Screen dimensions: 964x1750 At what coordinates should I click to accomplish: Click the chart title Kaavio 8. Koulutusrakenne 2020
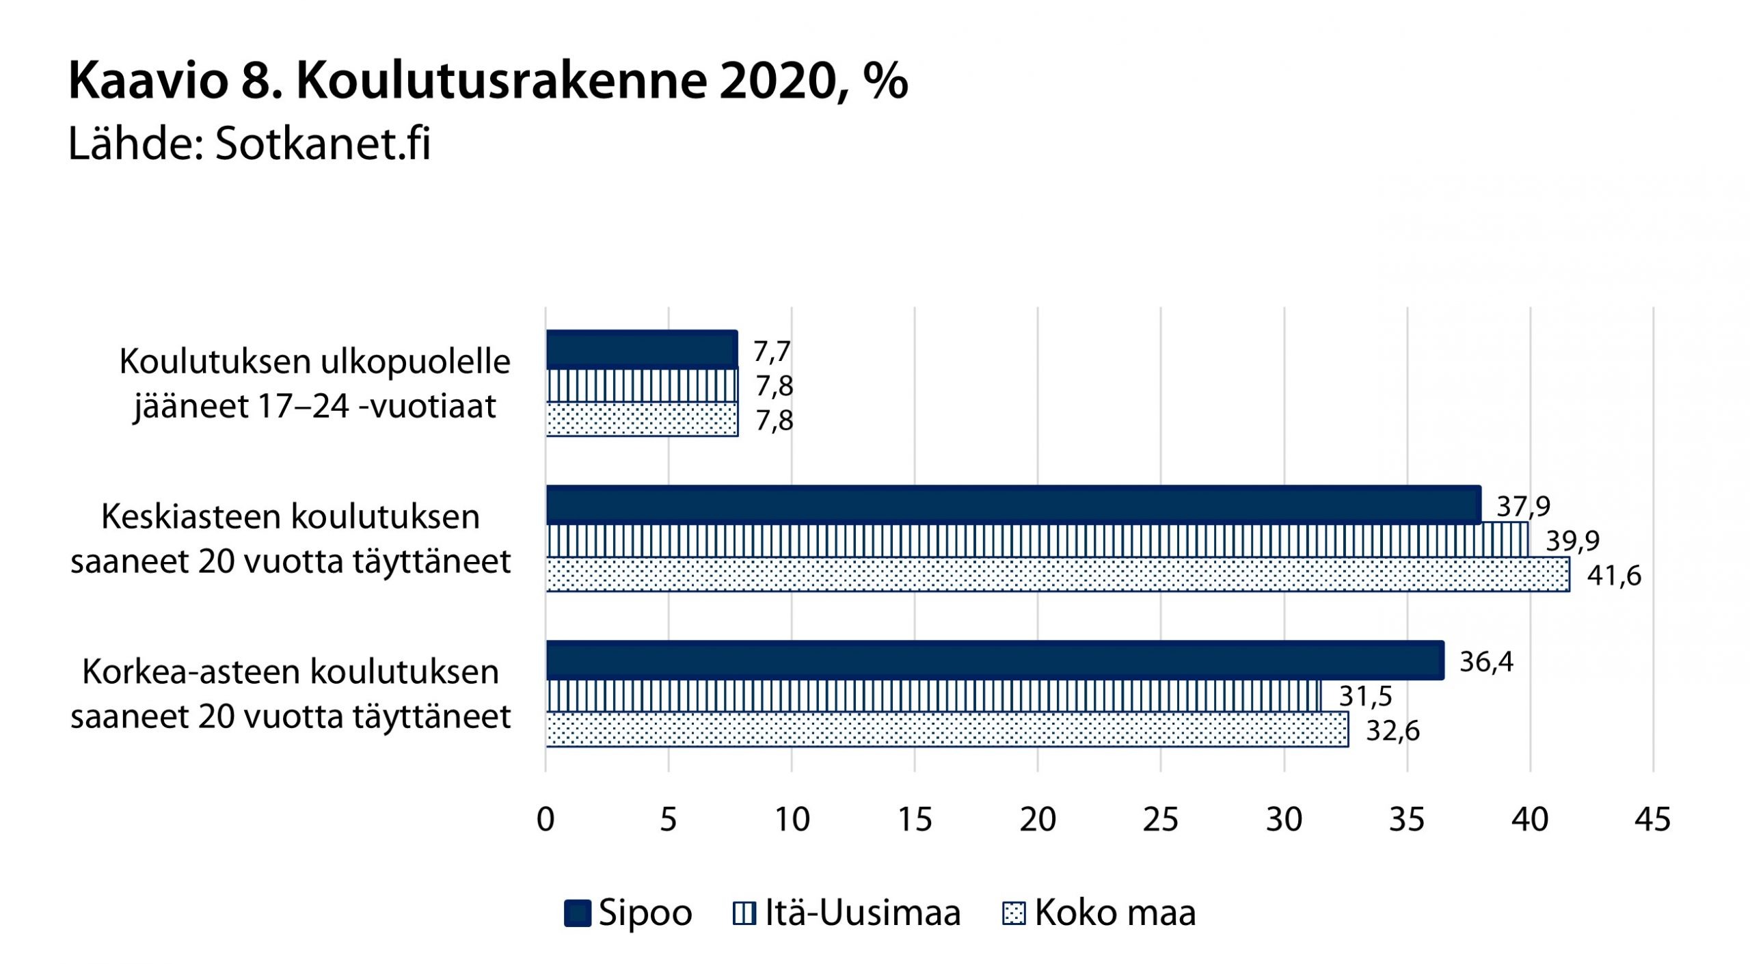pyautogui.click(x=488, y=81)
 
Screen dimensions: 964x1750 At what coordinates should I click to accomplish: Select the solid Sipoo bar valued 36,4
pyautogui.click(x=995, y=660)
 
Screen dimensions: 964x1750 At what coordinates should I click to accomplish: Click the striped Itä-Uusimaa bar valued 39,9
pyautogui.click(x=1037, y=540)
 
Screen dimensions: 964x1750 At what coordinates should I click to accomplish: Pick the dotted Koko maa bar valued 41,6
pyautogui.click(x=1058, y=574)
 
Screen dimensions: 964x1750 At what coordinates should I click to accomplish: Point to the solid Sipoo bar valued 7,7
pyautogui.click(x=641, y=350)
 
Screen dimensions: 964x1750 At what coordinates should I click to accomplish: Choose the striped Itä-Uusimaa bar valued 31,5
pyautogui.click(x=933, y=696)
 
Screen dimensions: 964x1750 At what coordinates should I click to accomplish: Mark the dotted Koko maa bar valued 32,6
pyautogui.click(x=947, y=729)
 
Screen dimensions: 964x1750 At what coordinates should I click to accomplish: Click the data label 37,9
pyautogui.click(x=1523, y=507)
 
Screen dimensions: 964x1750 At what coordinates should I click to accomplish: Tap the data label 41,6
pyautogui.click(x=1613, y=576)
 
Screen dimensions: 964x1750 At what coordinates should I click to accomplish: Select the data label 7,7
pyautogui.click(x=772, y=351)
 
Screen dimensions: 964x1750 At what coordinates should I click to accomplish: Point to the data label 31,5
pyautogui.click(x=1365, y=697)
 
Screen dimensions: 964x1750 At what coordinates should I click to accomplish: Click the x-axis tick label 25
pyautogui.click(x=1160, y=819)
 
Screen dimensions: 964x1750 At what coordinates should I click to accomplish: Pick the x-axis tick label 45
pyautogui.click(x=1652, y=819)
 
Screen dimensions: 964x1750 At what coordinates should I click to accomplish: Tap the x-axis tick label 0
pyautogui.click(x=546, y=819)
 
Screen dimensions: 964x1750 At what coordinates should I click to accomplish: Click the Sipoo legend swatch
pyautogui.click(x=577, y=913)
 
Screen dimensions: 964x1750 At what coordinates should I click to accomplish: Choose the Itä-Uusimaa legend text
pyautogui.click(x=863, y=913)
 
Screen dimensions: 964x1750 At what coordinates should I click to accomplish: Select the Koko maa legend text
pyautogui.click(x=1115, y=913)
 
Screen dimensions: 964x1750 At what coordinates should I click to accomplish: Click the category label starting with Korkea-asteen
pyautogui.click(x=291, y=694)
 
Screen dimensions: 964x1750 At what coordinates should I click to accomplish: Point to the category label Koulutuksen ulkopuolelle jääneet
pyautogui.click(x=314, y=384)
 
